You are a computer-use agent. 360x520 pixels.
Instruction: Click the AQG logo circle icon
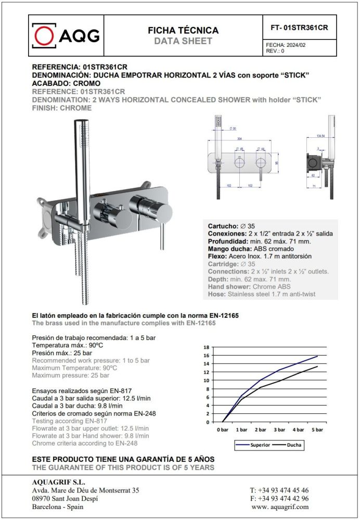click(45, 35)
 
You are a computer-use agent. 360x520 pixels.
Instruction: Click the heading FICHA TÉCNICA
click(183, 31)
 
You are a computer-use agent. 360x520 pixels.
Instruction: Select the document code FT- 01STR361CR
click(300, 28)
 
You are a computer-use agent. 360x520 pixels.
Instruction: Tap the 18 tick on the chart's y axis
click(206, 347)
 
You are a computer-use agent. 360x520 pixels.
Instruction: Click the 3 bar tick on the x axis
click(279, 430)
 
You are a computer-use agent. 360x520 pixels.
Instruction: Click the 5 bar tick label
click(317, 430)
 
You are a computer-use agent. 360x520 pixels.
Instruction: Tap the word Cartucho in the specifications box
click(223, 226)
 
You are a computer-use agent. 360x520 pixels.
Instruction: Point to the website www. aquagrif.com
click(280, 506)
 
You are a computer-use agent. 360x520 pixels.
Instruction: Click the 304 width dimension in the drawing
click(240, 139)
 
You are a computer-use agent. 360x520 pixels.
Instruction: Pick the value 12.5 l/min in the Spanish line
click(134, 398)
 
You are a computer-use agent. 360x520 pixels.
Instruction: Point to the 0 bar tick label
click(223, 430)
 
